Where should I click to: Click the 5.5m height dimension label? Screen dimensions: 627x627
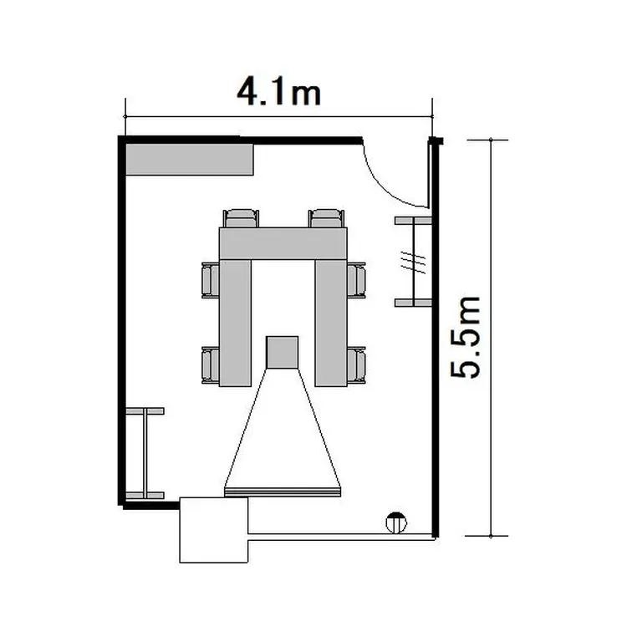(x=465, y=337)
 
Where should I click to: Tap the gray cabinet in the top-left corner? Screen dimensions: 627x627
(x=190, y=159)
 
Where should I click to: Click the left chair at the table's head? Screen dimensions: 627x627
(x=241, y=218)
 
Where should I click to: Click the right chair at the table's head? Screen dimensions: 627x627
(x=326, y=218)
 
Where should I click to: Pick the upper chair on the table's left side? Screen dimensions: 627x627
(x=211, y=280)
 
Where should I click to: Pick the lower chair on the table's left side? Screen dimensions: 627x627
(x=211, y=365)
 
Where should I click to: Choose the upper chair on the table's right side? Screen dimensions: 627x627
(x=356, y=280)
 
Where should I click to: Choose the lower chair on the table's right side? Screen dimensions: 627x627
(x=356, y=365)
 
